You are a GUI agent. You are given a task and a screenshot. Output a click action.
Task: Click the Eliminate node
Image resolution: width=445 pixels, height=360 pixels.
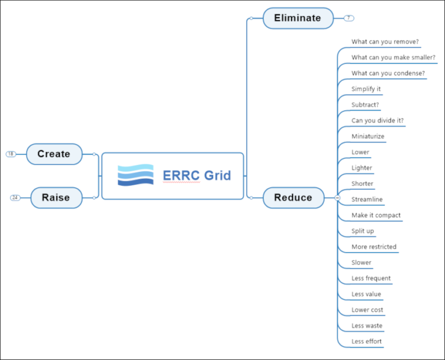coord(298,18)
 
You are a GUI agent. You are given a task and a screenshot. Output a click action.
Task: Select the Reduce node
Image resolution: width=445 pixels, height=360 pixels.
coord(293,197)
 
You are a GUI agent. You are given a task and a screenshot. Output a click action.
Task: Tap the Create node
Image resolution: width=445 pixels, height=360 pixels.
coord(54,154)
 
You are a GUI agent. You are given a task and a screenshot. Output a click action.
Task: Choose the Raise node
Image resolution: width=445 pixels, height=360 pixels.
coord(56,197)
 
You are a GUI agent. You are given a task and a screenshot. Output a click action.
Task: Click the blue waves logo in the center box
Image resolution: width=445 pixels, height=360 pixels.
coord(135,175)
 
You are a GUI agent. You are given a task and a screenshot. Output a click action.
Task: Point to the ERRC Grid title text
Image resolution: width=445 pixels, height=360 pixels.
coord(196,175)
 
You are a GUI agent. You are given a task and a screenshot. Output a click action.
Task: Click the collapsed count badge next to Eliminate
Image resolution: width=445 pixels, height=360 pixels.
coord(348,18)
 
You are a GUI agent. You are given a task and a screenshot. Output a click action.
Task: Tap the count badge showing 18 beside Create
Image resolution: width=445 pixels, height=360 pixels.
coord(11,154)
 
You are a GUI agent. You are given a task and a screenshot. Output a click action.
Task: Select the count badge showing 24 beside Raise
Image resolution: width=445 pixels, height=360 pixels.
coord(16,197)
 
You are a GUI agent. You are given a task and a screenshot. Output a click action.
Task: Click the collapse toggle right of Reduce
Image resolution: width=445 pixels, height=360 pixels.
coord(337,197)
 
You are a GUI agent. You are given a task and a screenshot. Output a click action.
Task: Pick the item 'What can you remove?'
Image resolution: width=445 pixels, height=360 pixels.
coord(385,42)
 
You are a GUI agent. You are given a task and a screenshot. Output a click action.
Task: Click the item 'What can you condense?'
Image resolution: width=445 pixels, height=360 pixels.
coord(388,73)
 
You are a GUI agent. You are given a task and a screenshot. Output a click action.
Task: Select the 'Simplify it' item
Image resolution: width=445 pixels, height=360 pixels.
coord(366,89)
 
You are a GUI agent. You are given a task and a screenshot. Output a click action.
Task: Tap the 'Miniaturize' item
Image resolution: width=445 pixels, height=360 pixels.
coord(367,137)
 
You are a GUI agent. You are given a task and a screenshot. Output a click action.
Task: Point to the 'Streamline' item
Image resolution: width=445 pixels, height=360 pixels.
coord(367,199)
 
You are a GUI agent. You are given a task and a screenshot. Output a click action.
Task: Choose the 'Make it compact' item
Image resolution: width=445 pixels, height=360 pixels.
coord(375,215)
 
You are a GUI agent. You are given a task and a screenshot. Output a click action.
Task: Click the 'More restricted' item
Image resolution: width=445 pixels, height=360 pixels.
coord(374,247)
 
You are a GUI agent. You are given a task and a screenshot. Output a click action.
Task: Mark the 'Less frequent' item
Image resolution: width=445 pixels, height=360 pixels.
coord(371,278)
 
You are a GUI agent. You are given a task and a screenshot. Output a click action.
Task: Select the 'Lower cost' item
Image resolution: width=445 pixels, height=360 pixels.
coord(367,310)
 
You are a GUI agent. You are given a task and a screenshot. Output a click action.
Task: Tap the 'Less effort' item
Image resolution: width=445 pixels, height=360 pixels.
coord(366,341)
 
